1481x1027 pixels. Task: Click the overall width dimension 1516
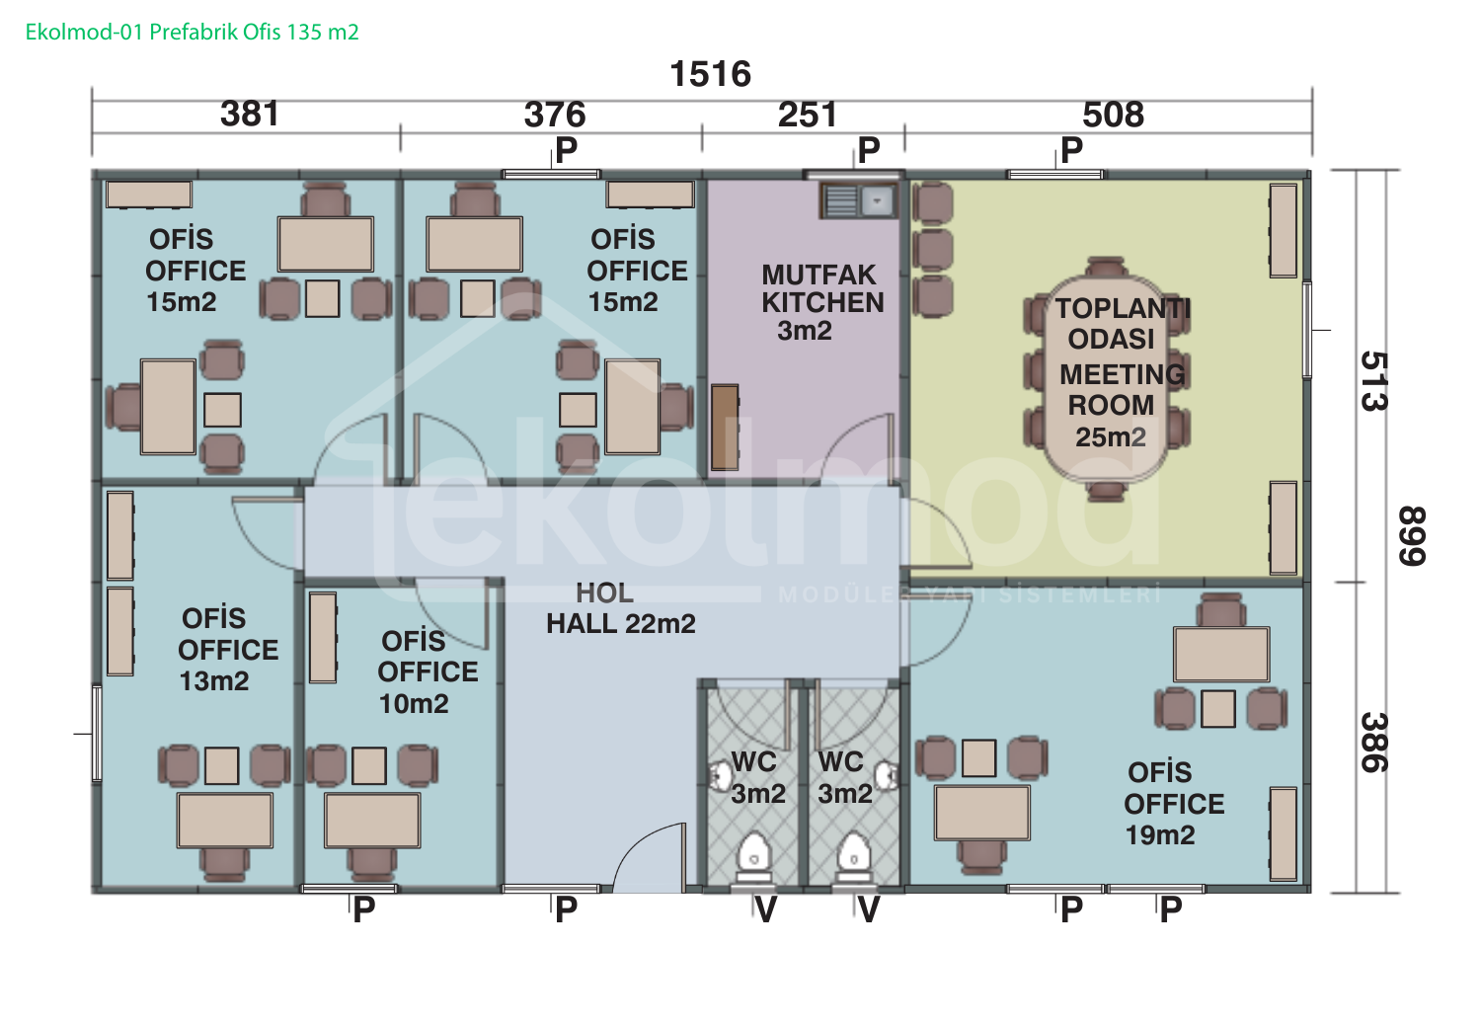click(x=711, y=74)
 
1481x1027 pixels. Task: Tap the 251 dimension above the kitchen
click(x=808, y=115)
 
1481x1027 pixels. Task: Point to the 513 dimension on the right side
click(x=1374, y=381)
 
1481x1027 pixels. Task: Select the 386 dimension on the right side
click(x=1374, y=742)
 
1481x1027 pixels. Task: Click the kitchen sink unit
click(x=860, y=200)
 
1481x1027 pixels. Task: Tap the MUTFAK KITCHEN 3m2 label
click(x=821, y=302)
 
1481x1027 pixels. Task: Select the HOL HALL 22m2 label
click(x=620, y=608)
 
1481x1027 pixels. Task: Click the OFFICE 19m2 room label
click(x=1174, y=804)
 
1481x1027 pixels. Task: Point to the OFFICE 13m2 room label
click(x=228, y=650)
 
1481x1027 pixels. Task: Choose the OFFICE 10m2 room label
click(x=428, y=671)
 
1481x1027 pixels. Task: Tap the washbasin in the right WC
click(x=887, y=775)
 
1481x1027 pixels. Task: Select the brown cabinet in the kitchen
click(x=725, y=428)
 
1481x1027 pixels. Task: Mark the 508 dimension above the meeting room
click(x=1114, y=115)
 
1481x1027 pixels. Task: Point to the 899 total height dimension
click(x=1411, y=535)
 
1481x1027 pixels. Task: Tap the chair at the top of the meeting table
click(x=1106, y=266)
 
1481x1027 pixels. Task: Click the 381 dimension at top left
click(x=250, y=114)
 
